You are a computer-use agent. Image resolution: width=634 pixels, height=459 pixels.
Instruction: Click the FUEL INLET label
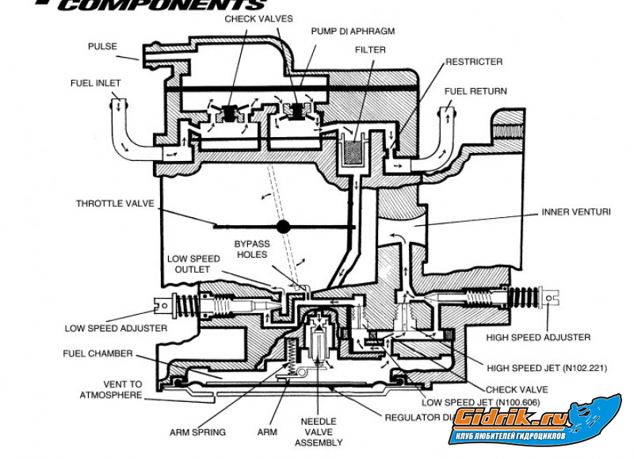click(96, 82)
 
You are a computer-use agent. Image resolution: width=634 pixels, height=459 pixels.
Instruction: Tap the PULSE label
click(102, 47)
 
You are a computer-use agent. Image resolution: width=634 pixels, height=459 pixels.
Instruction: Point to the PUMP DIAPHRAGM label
click(352, 31)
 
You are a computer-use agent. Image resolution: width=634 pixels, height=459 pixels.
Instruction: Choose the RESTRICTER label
click(474, 61)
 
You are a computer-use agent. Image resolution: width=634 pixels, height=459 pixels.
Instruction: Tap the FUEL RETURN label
click(475, 91)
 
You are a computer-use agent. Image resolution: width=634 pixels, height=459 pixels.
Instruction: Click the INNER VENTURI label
click(575, 212)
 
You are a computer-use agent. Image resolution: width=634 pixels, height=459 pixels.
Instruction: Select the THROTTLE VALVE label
click(115, 203)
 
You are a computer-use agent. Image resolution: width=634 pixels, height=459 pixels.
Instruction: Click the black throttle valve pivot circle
click(283, 227)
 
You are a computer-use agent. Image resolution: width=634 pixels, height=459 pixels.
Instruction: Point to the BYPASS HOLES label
click(252, 249)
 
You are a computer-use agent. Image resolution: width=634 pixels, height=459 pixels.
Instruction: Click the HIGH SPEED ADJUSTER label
click(540, 337)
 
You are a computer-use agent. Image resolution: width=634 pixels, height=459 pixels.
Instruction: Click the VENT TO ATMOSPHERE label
click(111, 388)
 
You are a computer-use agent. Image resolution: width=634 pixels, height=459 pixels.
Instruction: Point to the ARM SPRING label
click(198, 432)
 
